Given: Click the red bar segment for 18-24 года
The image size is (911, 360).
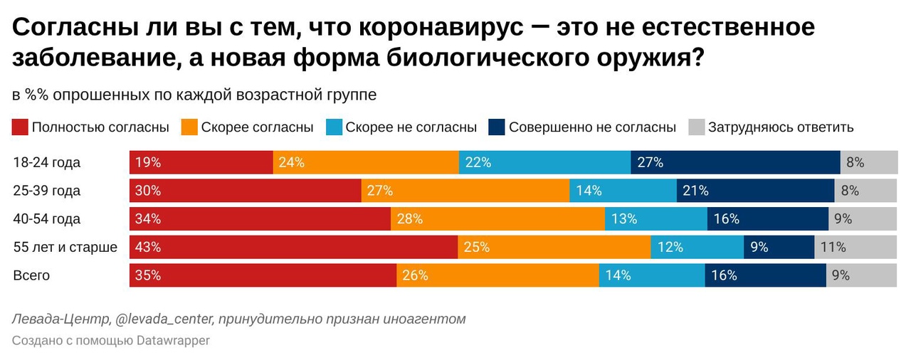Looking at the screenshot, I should [x=201, y=162].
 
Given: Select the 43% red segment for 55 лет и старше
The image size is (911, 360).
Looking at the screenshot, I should [x=293, y=248].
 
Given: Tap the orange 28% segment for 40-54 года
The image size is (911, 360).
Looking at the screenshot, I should [x=497, y=219].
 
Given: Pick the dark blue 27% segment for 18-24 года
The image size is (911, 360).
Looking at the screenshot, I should [x=735, y=162].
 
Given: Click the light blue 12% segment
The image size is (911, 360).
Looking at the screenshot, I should [x=697, y=248].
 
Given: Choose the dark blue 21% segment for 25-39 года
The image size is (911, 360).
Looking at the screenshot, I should [x=755, y=191].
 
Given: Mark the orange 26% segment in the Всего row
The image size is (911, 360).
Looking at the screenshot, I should [x=497, y=275].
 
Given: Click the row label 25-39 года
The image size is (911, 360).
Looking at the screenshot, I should [x=47, y=191].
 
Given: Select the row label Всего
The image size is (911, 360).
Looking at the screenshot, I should [x=31, y=275].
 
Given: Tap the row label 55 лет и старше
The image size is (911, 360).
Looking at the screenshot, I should [x=65, y=248].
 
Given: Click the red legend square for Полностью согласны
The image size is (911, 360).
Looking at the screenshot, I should [x=20, y=127].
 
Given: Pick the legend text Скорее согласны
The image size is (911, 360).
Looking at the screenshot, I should [x=257, y=127].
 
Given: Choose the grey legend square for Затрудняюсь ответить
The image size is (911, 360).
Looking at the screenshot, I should [x=696, y=127].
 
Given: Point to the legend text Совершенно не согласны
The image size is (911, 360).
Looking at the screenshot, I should [x=592, y=127].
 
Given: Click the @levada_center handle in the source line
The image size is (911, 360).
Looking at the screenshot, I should [x=162, y=319].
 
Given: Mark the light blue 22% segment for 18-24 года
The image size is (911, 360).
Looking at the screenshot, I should [x=544, y=162].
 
